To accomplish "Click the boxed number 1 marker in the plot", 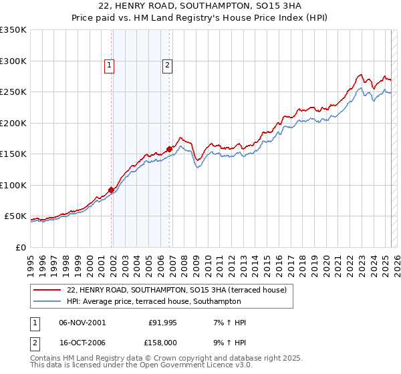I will (109, 65).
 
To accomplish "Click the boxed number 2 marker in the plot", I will (166, 65).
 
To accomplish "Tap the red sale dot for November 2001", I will (111, 190).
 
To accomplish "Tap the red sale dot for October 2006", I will (170, 149).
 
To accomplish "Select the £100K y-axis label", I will (13, 185).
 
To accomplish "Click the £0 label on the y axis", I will (20, 247).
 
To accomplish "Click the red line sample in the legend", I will (48, 290).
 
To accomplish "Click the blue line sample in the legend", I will (48, 301).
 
